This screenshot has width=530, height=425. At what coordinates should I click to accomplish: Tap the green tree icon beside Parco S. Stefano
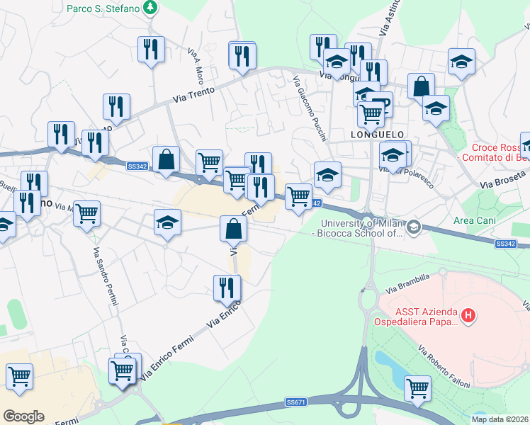pyautogui.click(x=150, y=8)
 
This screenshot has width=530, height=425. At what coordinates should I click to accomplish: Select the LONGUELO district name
pyautogui.click(x=378, y=134)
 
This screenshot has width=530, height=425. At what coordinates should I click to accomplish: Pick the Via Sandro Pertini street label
pyautogui.click(x=106, y=277)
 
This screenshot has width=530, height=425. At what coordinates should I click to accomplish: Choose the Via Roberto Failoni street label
pyautogui.click(x=444, y=367)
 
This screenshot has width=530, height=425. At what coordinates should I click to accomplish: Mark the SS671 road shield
pyautogui.click(x=296, y=402)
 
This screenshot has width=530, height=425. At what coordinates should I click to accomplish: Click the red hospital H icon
pyautogui.click(x=468, y=315)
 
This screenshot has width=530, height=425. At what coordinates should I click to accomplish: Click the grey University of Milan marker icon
pyautogui.click(x=414, y=227)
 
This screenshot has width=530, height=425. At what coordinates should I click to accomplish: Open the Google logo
pyautogui.click(x=23, y=416)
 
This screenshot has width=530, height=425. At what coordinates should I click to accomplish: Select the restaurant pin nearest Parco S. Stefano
pyautogui.click(x=151, y=49)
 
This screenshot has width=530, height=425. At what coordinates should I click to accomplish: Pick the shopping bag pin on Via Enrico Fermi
pyautogui.click(x=233, y=229)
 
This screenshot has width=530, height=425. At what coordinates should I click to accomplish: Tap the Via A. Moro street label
pyautogui.click(x=196, y=64)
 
